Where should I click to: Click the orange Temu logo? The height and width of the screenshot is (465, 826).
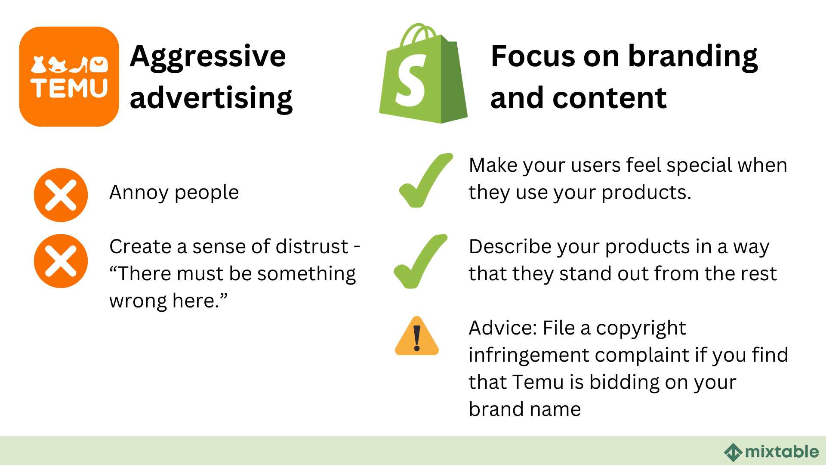pyautogui.click(x=69, y=77)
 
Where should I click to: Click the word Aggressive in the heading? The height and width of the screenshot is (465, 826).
pyautogui.click(x=207, y=56)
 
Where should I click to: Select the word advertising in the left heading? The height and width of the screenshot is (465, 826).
pyautogui.click(x=211, y=98)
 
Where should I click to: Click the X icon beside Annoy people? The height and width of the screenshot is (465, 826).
pyautogui.click(x=61, y=195)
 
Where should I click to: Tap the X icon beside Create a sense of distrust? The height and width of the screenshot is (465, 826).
pyautogui.click(x=61, y=261)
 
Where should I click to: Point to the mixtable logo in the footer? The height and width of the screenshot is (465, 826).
pyautogui.click(x=771, y=452)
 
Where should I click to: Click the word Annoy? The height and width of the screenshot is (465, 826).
pyautogui.click(x=139, y=192)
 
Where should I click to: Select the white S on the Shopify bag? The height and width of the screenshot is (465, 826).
pyautogui.click(x=411, y=82)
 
